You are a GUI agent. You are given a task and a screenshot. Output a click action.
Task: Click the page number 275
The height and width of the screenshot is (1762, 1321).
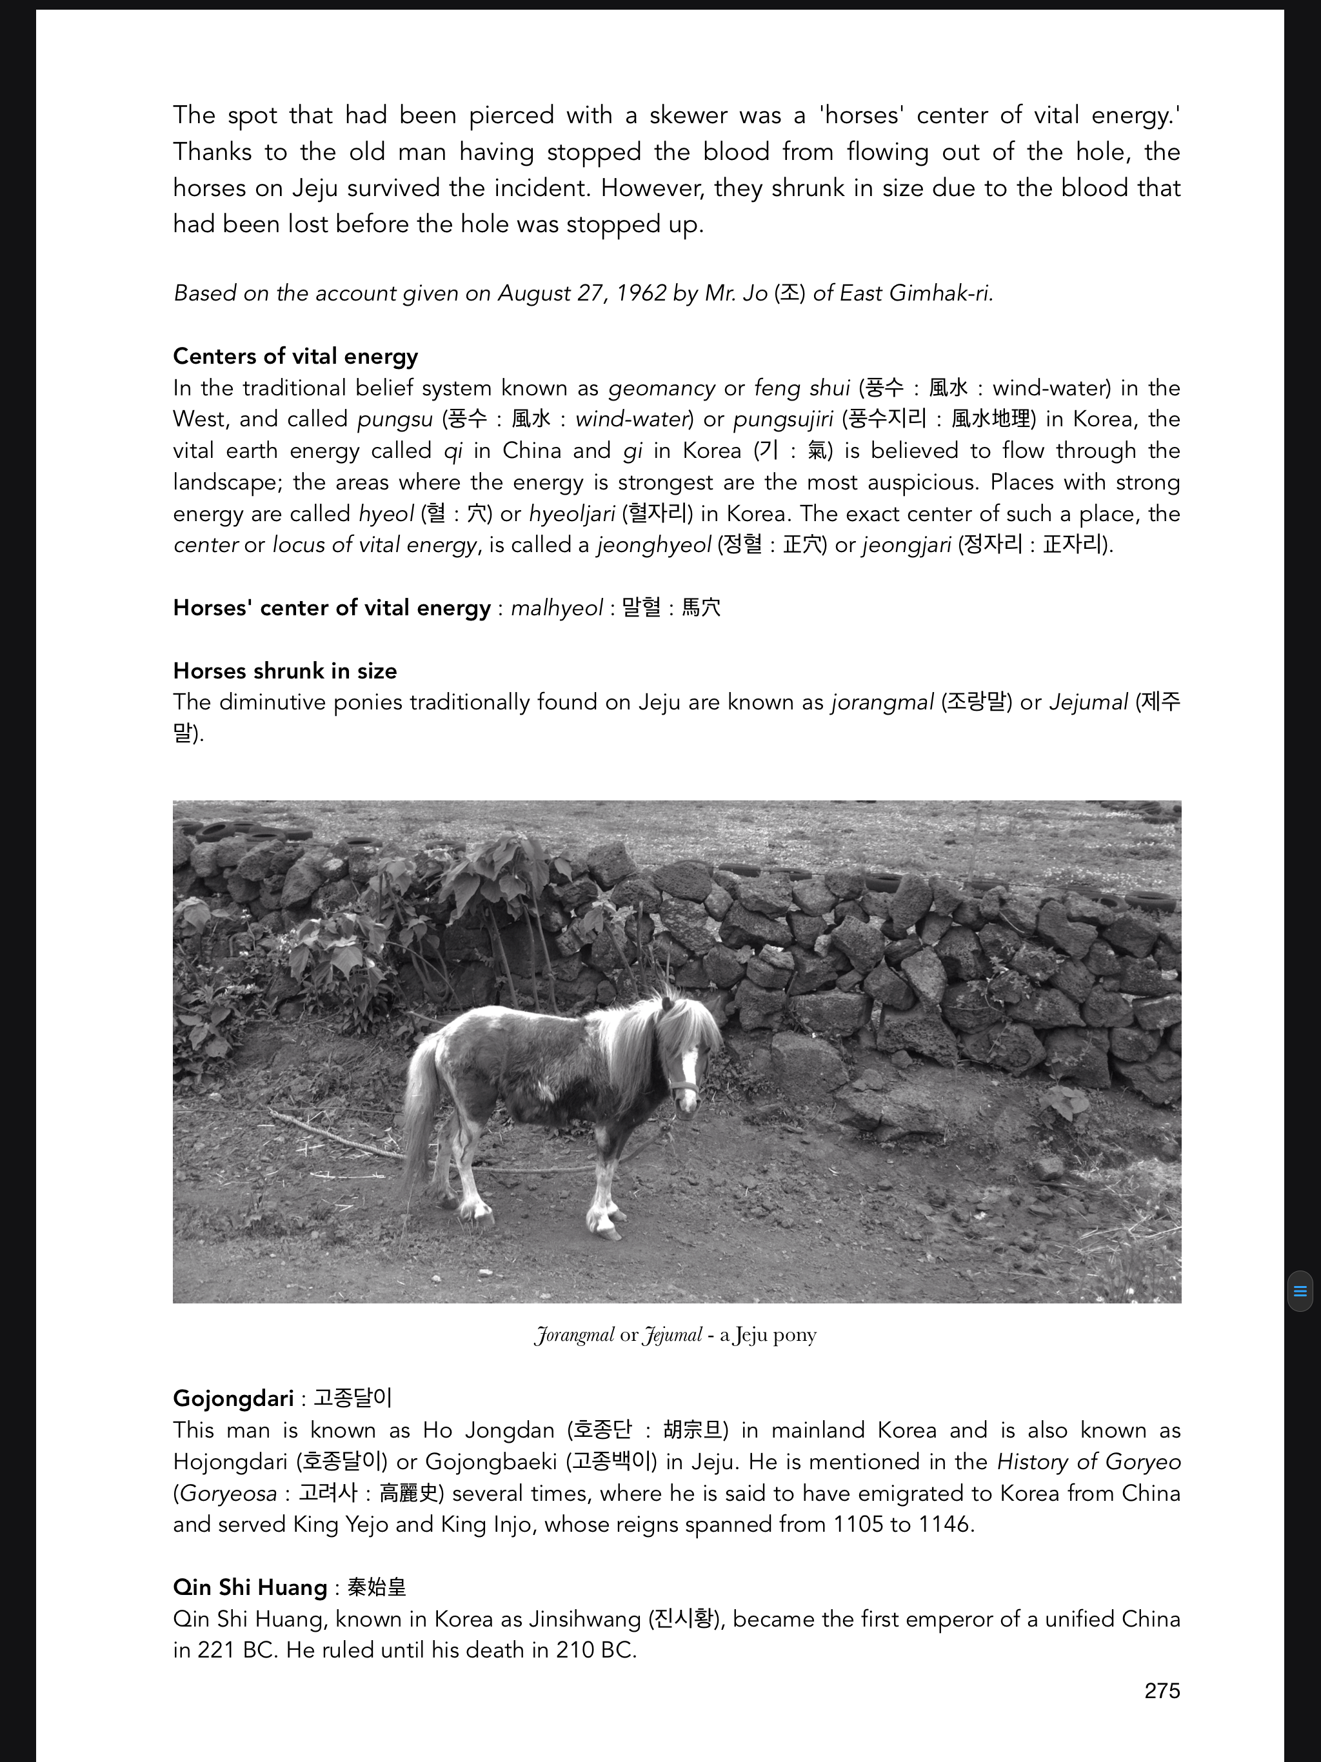[x=1162, y=1690]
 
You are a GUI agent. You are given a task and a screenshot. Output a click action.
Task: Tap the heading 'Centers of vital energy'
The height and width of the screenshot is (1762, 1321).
[x=295, y=356]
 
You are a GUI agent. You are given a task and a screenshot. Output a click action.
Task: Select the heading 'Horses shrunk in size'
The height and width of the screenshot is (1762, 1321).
[x=284, y=671]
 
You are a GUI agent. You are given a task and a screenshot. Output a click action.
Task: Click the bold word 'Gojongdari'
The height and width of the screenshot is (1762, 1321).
[x=233, y=1398]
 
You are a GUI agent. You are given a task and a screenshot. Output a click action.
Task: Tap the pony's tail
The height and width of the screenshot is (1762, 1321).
[x=418, y=1115]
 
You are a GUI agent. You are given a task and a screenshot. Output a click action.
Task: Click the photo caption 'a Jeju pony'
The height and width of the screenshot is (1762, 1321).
[x=768, y=1335]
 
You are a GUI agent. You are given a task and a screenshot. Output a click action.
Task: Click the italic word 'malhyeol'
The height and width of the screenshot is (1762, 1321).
[x=556, y=608]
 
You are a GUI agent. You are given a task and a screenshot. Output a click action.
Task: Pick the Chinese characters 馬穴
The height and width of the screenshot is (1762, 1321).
[x=701, y=608]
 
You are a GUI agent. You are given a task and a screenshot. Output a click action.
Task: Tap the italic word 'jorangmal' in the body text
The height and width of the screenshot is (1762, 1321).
[x=881, y=702]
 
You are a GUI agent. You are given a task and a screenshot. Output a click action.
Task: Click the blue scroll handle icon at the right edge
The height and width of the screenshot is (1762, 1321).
[x=1300, y=1291]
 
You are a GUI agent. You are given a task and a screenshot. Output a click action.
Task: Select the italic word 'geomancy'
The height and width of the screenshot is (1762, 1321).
[x=660, y=388]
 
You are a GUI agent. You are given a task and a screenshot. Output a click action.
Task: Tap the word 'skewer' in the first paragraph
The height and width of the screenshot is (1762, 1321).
[x=688, y=115]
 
